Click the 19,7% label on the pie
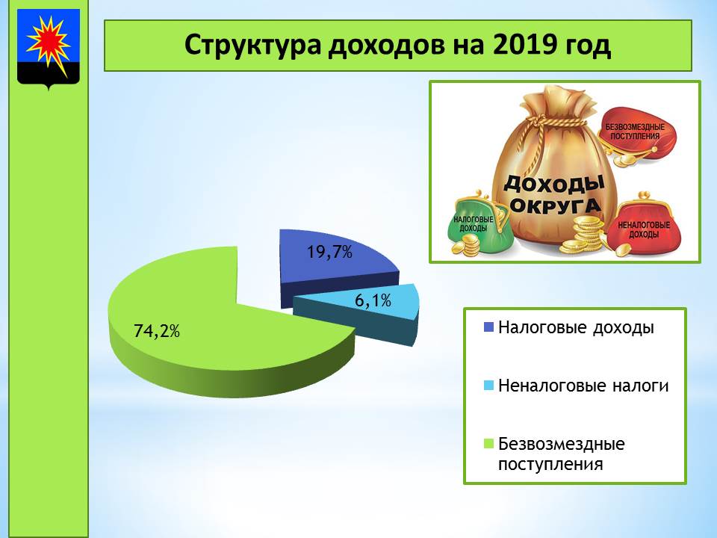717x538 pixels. pyautogui.click(x=329, y=252)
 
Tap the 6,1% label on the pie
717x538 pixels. pyautogui.click(x=373, y=300)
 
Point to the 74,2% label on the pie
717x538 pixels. pyautogui.click(x=156, y=330)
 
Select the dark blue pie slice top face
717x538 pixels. pyautogui.click(x=336, y=256)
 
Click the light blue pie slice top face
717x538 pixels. pyautogui.click(x=361, y=302)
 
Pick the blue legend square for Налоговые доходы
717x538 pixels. pyautogui.click(x=488, y=327)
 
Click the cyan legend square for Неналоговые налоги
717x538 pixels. pyautogui.click(x=488, y=386)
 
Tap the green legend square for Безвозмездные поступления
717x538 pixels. pyautogui.click(x=488, y=444)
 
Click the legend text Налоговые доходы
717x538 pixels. pyautogui.click(x=576, y=327)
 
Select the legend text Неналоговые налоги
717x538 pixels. pyautogui.click(x=583, y=386)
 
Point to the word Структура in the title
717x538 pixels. pyautogui.click(x=253, y=46)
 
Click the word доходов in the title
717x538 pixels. pyautogui.click(x=385, y=46)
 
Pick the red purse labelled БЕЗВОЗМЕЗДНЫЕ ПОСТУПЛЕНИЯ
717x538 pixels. pyautogui.click(x=636, y=135)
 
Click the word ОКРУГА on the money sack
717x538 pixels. pyautogui.click(x=554, y=207)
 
